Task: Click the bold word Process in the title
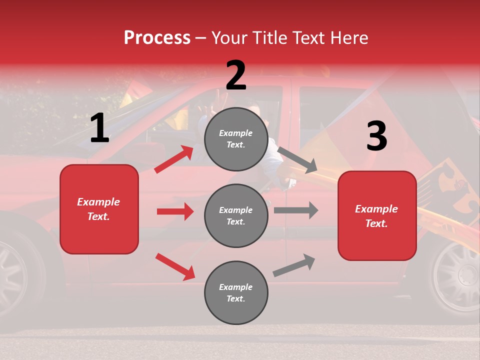click(157, 38)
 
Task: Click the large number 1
click(99, 128)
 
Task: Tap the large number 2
click(236, 75)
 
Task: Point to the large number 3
click(376, 136)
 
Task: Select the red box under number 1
click(99, 209)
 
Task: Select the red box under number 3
click(377, 215)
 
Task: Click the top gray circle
click(236, 139)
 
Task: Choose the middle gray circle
click(236, 215)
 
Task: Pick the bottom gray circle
click(236, 292)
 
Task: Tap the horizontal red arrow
click(175, 211)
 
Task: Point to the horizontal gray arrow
click(295, 210)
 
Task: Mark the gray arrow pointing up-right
click(294, 265)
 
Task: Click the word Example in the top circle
click(235, 133)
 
